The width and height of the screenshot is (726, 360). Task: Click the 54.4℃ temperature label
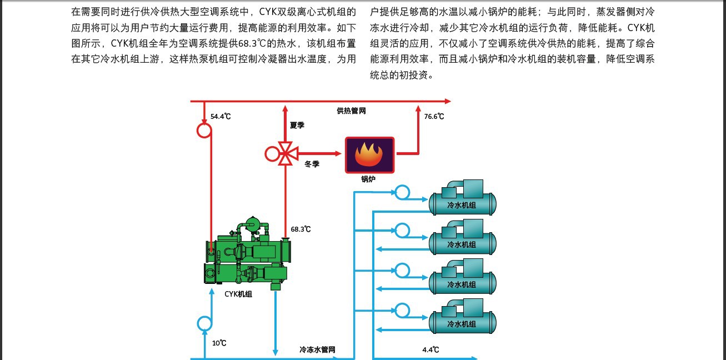pos(221,116)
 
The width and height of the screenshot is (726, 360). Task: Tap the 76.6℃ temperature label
pos(434,116)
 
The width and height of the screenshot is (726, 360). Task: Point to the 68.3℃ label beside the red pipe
pos(301,229)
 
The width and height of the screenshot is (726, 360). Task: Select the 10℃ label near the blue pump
pos(219,343)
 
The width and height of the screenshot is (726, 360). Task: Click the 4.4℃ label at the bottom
pos(430,349)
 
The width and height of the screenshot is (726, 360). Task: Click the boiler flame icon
pos(369,155)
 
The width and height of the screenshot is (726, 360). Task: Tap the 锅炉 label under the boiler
pos(368,179)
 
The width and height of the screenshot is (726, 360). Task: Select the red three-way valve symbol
pos(286,153)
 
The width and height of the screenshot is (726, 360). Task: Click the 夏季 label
pos(297,125)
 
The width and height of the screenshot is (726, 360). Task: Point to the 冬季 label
pos(312,164)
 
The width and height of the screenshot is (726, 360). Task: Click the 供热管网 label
pos(351,111)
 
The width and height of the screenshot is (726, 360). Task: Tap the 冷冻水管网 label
pos(317,349)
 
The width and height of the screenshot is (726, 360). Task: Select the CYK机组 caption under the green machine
pos(238,294)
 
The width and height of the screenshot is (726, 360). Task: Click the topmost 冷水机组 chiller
pos(463,198)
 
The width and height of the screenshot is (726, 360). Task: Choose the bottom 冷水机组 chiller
pos(463,317)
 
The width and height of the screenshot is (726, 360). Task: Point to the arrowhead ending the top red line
pos(448,102)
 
